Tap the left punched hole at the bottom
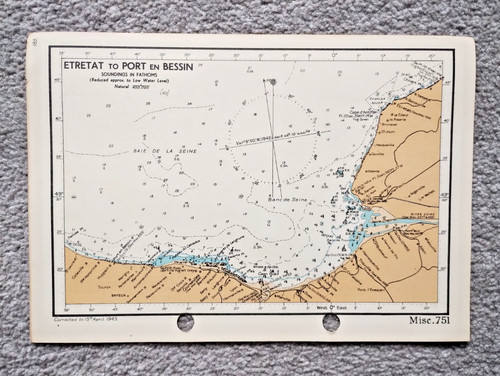coord(185,322)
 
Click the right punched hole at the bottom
coord(332,322)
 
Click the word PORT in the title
coord(139,68)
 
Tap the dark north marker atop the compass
coord(268,82)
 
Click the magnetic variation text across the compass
coord(275,138)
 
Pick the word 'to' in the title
coord(118,68)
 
